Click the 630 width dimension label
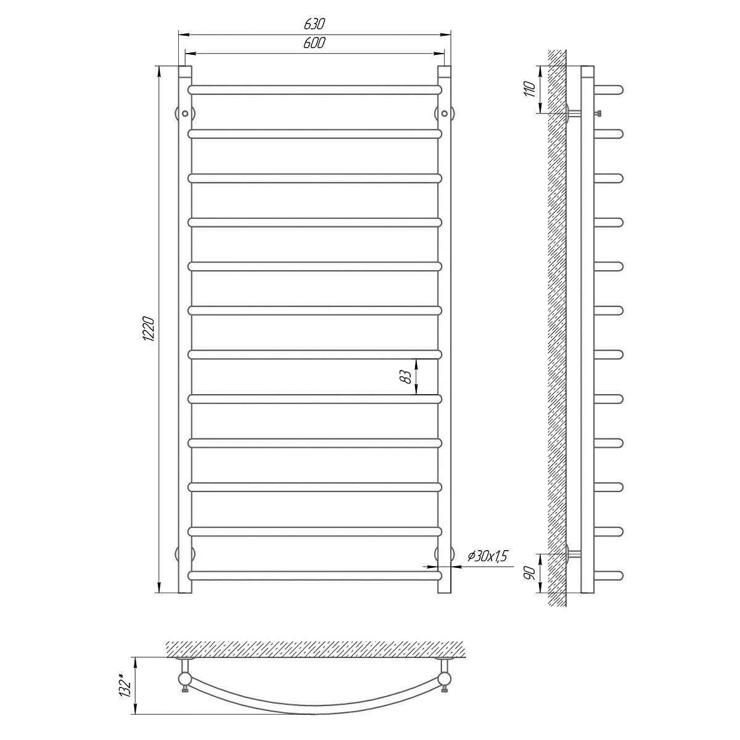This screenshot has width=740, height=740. [x=314, y=24]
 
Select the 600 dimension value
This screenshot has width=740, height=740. [x=314, y=43]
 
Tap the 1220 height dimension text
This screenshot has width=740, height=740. [x=148, y=329]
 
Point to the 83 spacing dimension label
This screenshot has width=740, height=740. [x=406, y=377]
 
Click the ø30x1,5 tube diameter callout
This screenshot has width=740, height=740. [x=488, y=556]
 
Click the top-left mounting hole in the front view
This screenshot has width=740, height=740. [x=185, y=113]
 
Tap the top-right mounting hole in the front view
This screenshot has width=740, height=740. [x=444, y=113]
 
